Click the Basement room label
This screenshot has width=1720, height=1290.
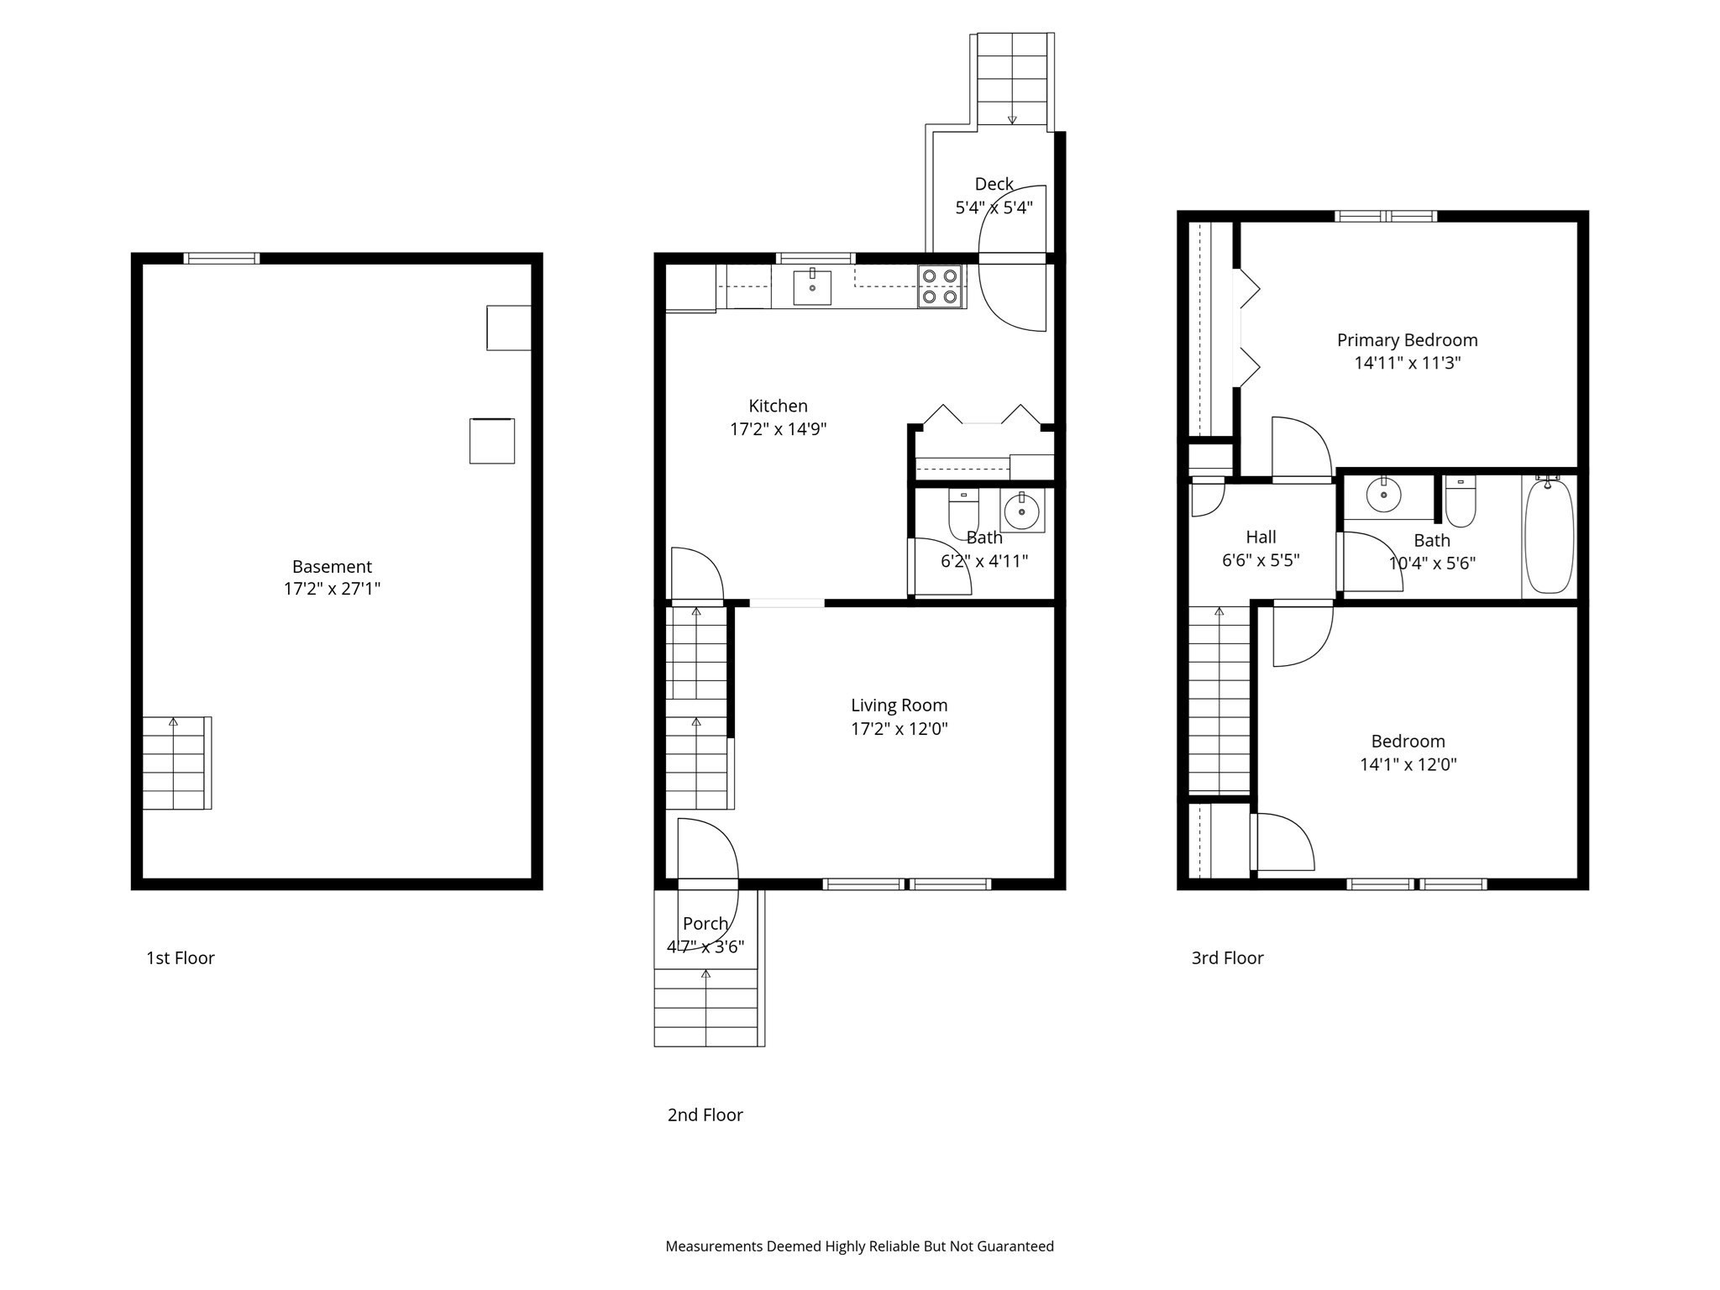coord(332,567)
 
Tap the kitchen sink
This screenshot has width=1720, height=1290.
coord(812,287)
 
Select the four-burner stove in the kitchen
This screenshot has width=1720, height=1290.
coord(941,286)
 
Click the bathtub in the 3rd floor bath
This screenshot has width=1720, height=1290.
coord(1549,537)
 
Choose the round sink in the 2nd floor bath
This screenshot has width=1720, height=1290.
coord(1022,511)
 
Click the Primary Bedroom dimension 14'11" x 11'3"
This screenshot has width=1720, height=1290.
coord(1407,363)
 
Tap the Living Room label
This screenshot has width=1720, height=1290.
coord(899,705)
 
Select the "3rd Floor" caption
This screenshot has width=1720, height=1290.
coord(1227,958)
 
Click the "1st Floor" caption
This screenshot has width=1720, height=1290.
coord(181,958)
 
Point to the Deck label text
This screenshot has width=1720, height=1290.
coord(994,184)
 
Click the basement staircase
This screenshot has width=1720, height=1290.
coord(175,763)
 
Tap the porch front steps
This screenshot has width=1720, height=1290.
coord(706,1007)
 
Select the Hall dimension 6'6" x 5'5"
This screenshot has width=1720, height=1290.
coord(1261,560)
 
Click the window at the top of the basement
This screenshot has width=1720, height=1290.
coord(222,259)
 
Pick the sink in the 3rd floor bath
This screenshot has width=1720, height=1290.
coord(1383,495)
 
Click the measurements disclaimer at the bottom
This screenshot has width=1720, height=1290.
coord(859,1246)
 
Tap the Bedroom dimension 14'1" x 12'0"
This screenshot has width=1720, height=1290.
coord(1408,764)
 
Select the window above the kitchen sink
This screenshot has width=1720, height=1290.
coord(815,259)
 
